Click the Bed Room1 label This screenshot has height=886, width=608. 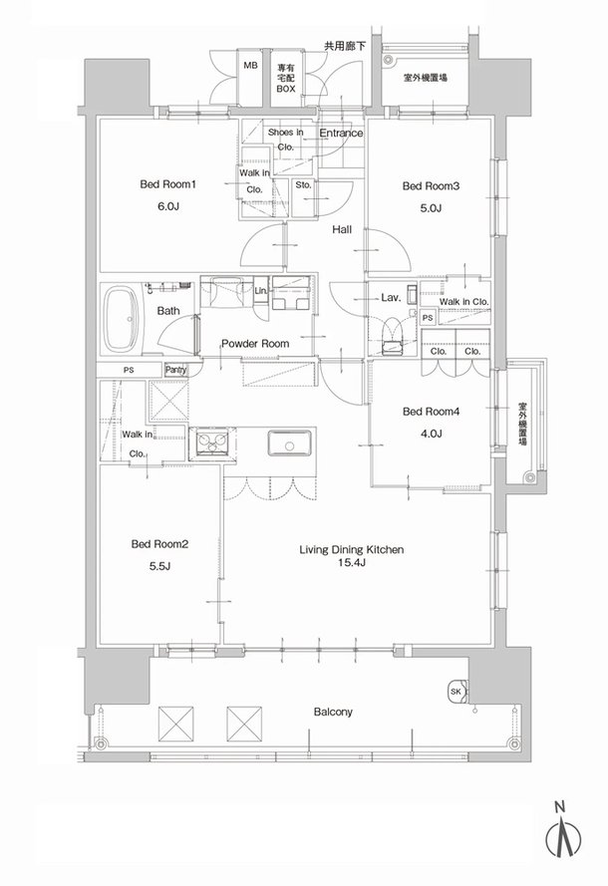click(167, 184)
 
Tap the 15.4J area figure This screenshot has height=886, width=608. click(352, 562)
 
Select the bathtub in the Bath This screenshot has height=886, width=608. click(123, 319)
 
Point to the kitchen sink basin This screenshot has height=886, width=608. click(289, 443)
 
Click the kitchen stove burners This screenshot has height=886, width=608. click(212, 442)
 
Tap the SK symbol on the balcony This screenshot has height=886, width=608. click(456, 692)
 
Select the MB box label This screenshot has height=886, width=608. click(250, 66)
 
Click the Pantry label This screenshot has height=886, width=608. click(175, 370)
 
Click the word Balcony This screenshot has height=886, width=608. click(333, 712)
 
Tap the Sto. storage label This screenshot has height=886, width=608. click(303, 184)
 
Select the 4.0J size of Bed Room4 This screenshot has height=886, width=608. click(431, 434)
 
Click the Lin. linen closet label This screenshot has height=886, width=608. click(261, 290)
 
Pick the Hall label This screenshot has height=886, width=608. click(341, 229)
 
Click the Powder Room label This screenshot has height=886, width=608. click(255, 344)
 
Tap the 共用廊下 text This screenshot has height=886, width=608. click(345, 46)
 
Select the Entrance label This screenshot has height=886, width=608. click(341, 133)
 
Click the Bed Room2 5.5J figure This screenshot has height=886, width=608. click(159, 566)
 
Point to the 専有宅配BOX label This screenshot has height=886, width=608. click(285, 78)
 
